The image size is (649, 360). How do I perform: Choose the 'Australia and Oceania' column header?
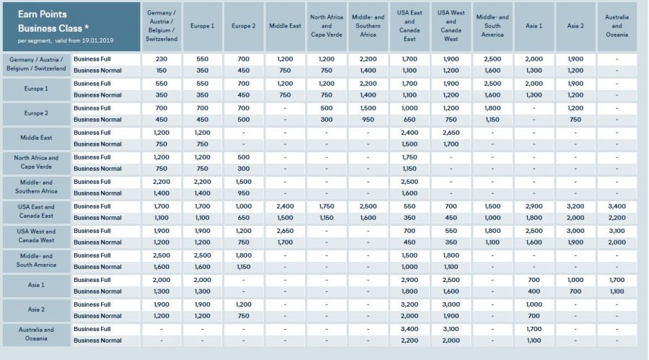[617, 25]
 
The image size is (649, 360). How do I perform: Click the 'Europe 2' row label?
[35, 113]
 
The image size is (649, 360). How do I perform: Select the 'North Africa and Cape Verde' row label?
[35, 162]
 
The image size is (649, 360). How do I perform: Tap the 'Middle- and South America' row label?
[35, 260]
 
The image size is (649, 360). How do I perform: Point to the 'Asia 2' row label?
[35, 309]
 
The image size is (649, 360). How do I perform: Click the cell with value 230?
[161, 58]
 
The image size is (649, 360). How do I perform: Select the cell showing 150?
[161, 70]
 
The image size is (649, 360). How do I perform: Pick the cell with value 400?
[534, 291]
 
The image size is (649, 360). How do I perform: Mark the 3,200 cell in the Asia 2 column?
[575, 206]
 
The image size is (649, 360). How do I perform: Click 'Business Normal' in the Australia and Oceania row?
[97, 340]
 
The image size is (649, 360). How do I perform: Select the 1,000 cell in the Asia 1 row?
[575, 279]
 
